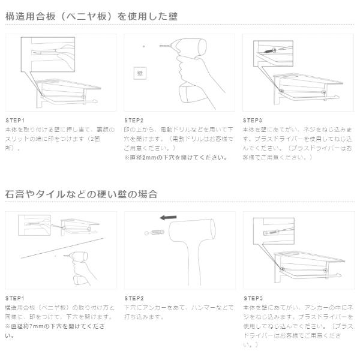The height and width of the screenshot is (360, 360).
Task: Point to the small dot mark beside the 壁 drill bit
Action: (x=143, y=46)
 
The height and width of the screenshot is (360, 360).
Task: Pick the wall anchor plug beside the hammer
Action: (x=157, y=231)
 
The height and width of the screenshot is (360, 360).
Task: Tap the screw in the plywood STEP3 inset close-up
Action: (x=269, y=53)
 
